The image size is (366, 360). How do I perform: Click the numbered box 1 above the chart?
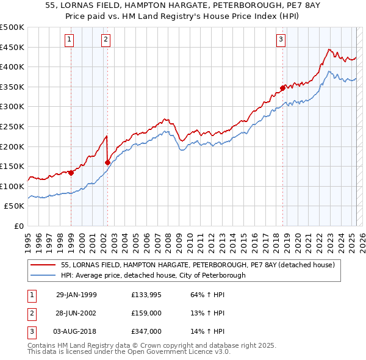click(71, 40)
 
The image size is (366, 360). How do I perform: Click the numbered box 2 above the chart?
click(106, 40)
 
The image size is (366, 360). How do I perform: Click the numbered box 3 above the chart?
click(281, 40)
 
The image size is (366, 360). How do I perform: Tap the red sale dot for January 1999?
click(71, 173)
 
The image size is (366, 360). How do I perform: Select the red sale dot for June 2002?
click(108, 162)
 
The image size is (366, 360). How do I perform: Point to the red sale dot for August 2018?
click(283, 88)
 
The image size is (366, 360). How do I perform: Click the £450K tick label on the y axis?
click(12, 47)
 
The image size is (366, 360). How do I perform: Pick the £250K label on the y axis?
click(12, 126)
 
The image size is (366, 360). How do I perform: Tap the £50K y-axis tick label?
click(15, 206)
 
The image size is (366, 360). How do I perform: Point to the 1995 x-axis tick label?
click(28, 241)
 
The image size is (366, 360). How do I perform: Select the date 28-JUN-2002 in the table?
click(76, 313)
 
